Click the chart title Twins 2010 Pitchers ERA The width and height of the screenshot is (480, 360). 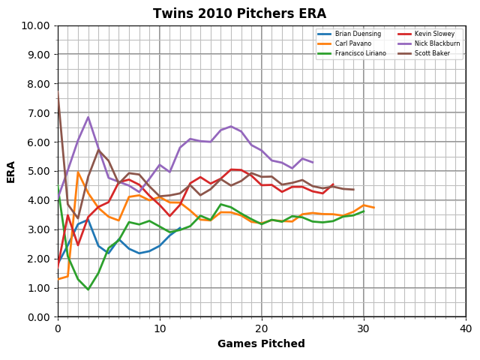pos(240,13)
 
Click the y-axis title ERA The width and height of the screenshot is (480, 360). pos(12,171)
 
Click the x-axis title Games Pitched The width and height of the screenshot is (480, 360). pos(261,344)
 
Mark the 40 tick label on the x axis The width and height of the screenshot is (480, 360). pos(465,328)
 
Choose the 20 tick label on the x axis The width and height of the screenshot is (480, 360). pos(261,328)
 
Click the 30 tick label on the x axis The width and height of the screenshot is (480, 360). pos(363,328)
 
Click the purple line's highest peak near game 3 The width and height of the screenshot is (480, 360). pos(88,117)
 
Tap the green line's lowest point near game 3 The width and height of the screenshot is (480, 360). pos(88,289)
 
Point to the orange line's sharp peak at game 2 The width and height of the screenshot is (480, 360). pos(78,172)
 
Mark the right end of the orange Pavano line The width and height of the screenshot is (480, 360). pos(373,208)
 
